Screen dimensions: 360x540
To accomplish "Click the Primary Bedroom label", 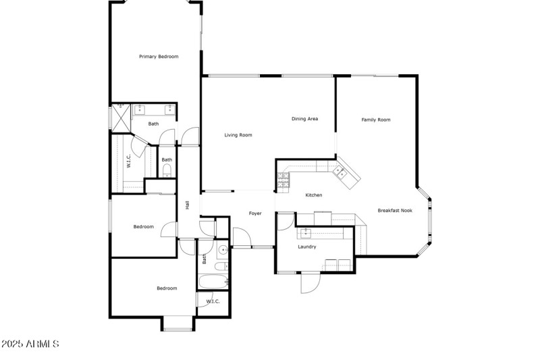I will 159,57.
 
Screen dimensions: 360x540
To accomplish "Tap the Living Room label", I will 238,135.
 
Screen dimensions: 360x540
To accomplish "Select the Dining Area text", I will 304,119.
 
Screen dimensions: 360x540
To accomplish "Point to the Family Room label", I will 376,120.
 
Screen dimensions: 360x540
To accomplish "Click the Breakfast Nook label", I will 395,210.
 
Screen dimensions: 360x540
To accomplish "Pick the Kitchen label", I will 314,195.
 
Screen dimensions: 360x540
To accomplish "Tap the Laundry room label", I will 307,247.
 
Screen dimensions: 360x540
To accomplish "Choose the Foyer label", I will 255,213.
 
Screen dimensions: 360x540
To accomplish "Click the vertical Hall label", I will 188,205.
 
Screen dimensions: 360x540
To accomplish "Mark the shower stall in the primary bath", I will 119,118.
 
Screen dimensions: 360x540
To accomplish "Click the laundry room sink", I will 305,232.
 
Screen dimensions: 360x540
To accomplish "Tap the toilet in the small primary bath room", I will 167,170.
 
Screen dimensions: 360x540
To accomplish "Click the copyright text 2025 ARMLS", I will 30,344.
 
